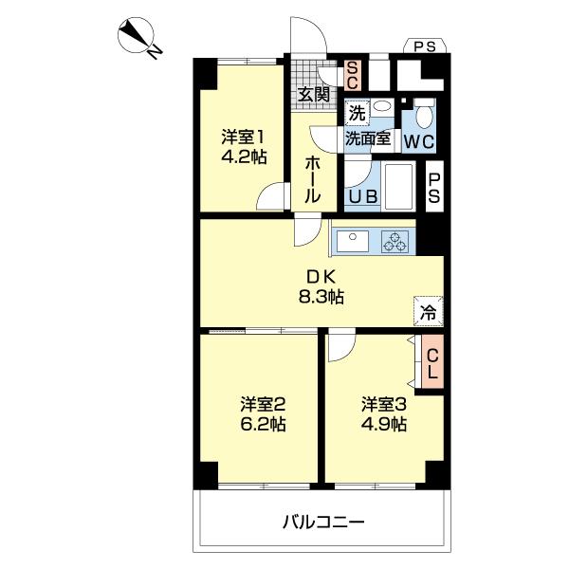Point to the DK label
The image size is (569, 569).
318,277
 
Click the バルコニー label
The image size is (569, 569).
322,522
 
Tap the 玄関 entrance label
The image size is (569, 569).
313,94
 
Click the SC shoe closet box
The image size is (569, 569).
351,73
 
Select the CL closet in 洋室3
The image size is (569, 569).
431,364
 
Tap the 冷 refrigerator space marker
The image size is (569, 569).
429,310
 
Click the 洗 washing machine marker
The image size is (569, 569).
356,112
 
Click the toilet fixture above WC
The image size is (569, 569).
423,115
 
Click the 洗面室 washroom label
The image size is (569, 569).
368,138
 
